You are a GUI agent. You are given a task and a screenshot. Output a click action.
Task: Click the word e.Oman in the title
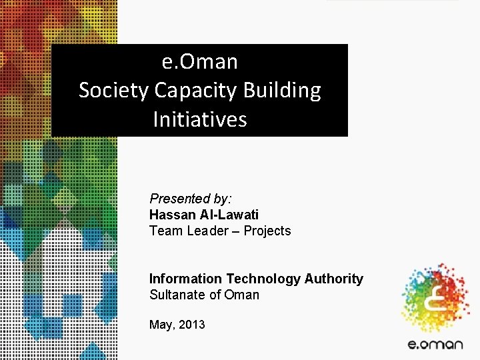[199, 61]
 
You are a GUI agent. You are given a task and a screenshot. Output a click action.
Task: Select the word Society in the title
[113, 90]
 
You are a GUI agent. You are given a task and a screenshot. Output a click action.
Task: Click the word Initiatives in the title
[199, 119]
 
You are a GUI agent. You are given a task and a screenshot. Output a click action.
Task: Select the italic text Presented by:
[190, 199]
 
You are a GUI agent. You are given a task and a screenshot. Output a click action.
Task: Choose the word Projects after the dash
[267, 231]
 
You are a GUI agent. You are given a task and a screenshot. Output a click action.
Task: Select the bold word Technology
[265, 279]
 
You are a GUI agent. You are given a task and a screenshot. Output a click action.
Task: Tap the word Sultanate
[175, 295]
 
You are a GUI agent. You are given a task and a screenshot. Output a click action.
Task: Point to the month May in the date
[161, 325]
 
